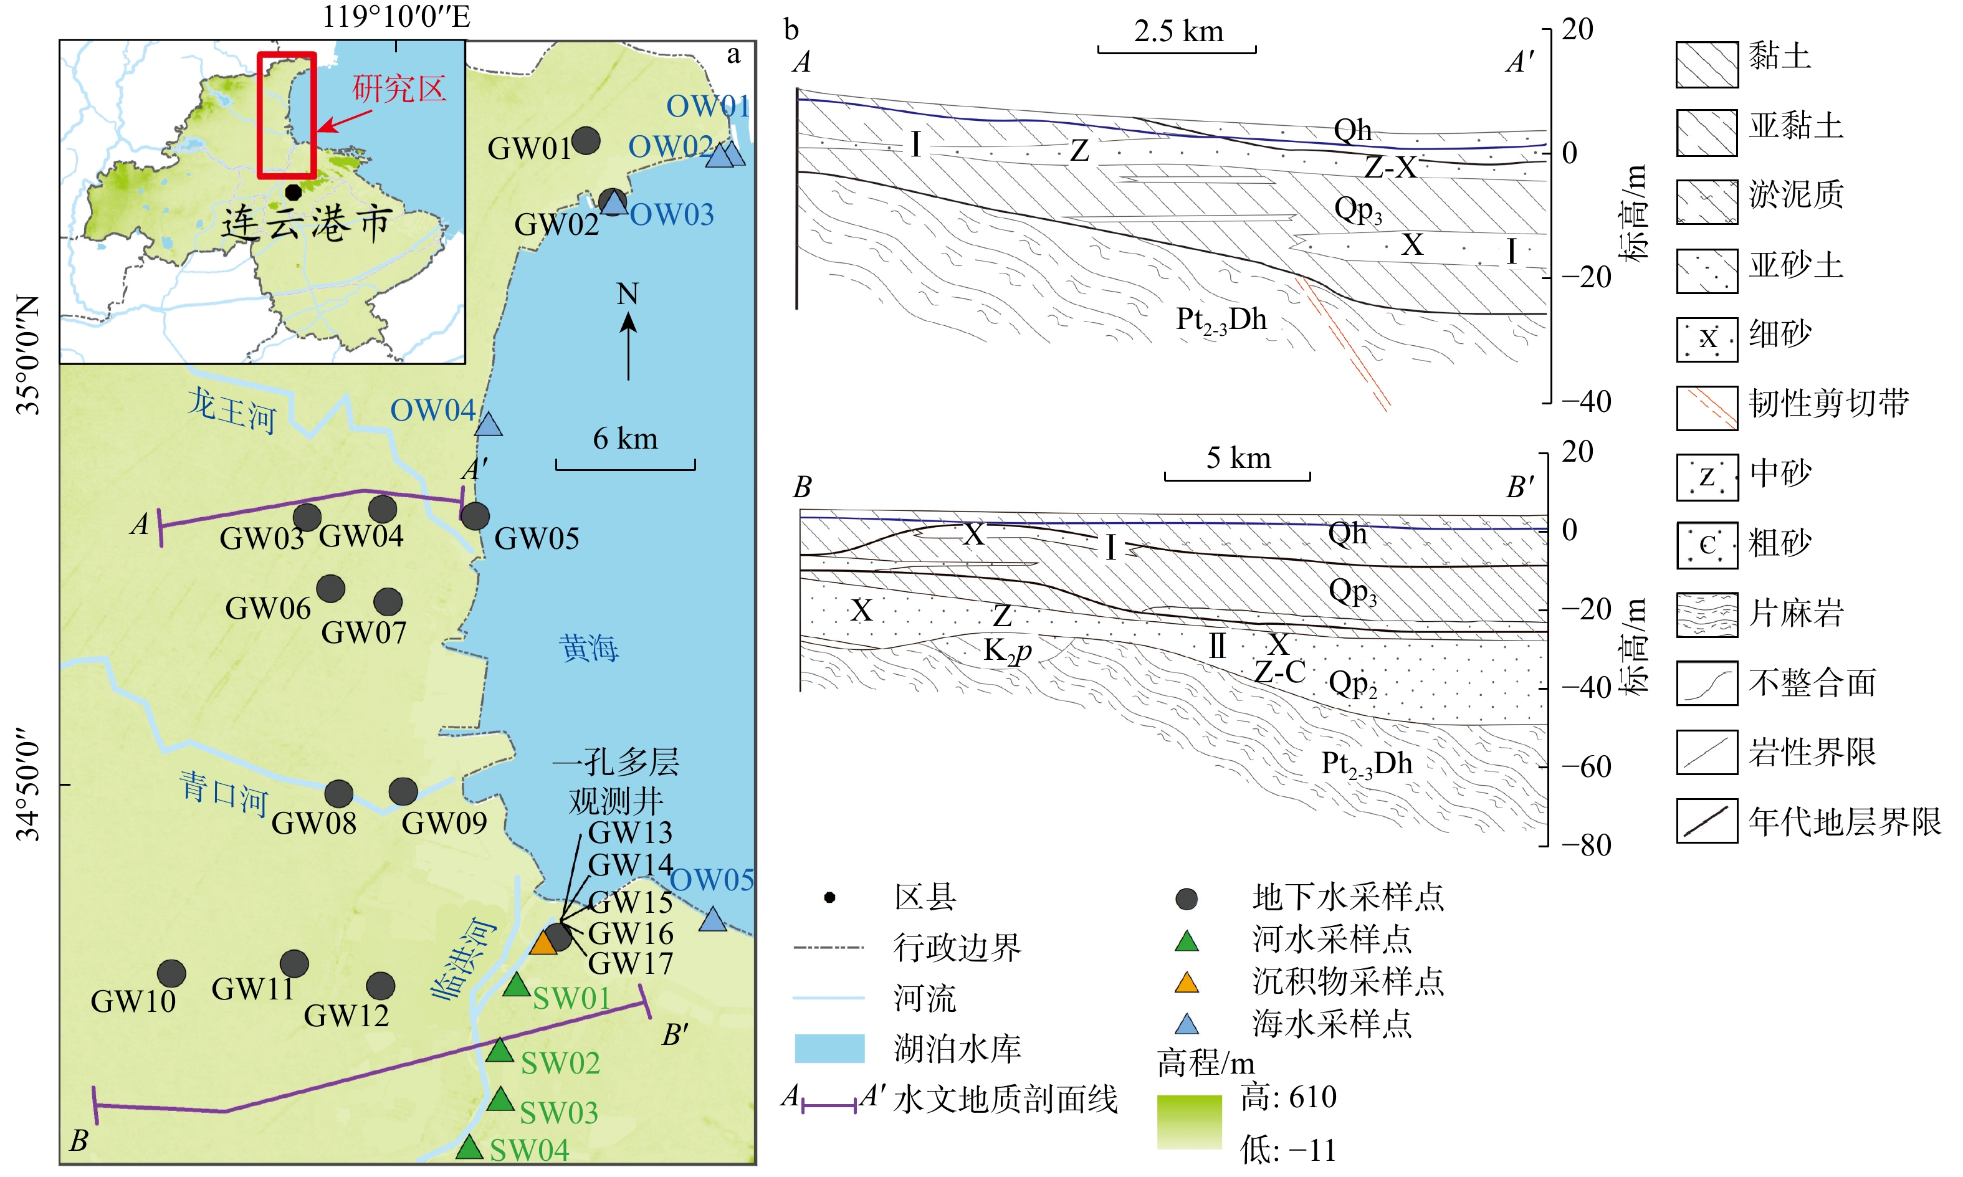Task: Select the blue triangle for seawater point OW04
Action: [489, 425]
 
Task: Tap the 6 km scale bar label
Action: [625, 439]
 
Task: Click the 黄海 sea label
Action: [588, 648]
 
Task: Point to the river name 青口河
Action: [223, 793]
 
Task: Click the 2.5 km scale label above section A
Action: [1178, 32]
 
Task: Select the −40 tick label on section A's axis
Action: [1586, 401]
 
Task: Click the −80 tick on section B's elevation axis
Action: [1586, 845]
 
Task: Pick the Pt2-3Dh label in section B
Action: [1367, 764]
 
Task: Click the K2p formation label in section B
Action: [1007, 651]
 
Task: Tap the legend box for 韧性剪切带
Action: [1707, 407]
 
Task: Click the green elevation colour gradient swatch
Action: [1189, 1122]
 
